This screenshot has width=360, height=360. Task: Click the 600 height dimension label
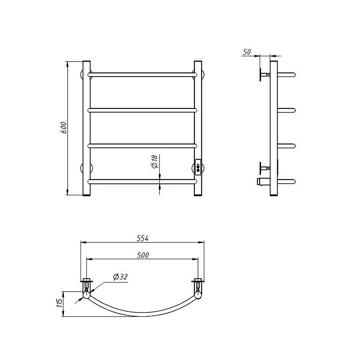pyautogui.click(x=63, y=128)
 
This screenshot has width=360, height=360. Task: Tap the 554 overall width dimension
pyautogui.click(x=143, y=238)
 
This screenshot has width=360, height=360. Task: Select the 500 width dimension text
pyautogui.click(x=143, y=255)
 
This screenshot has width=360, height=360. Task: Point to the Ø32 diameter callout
pyautogui.click(x=120, y=277)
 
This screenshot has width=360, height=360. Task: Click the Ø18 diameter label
pyautogui.click(x=155, y=162)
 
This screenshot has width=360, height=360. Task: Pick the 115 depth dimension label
pyautogui.click(x=59, y=303)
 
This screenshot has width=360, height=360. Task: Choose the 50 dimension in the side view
pyautogui.click(x=247, y=52)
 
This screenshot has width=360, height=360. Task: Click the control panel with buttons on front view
pyautogui.click(x=198, y=167)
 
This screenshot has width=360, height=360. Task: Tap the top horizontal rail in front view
pyautogui.click(x=142, y=75)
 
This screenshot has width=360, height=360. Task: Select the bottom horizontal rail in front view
pyautogui.click(x=142, y=182)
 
